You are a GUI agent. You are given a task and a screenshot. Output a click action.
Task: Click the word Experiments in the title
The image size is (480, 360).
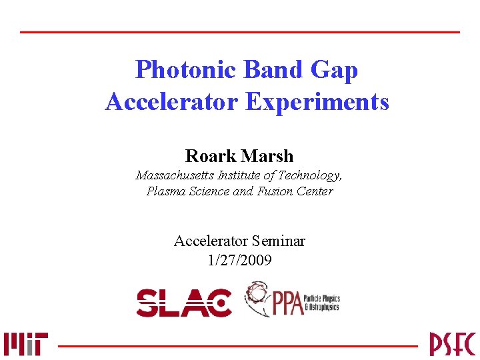(317, 102)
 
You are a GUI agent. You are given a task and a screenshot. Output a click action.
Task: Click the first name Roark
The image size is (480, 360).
(210, 156)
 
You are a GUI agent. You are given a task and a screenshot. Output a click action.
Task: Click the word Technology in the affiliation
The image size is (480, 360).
(311, 175)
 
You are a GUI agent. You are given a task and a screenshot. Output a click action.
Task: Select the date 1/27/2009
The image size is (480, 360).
(240, 260)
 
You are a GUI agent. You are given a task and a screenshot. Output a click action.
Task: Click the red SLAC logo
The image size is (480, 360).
(184, 303)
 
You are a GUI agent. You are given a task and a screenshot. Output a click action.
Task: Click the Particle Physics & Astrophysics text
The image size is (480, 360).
(321, 303)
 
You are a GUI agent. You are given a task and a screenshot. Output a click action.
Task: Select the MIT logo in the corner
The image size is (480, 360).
(25, 344)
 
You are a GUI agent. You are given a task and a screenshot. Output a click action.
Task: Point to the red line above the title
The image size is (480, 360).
(240, 32)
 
